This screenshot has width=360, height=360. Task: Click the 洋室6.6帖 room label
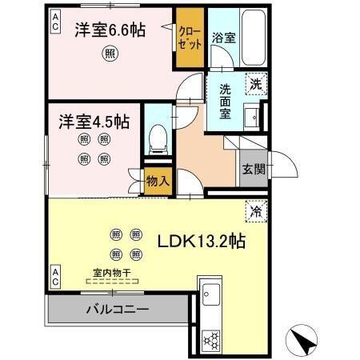pos(110,30)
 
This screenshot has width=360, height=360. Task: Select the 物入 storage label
pos(158,181)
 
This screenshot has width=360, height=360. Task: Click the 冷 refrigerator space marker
pos(256,212)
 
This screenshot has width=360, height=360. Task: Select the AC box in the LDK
pos(56,277)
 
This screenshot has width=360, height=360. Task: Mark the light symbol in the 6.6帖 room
pos(109,54)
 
